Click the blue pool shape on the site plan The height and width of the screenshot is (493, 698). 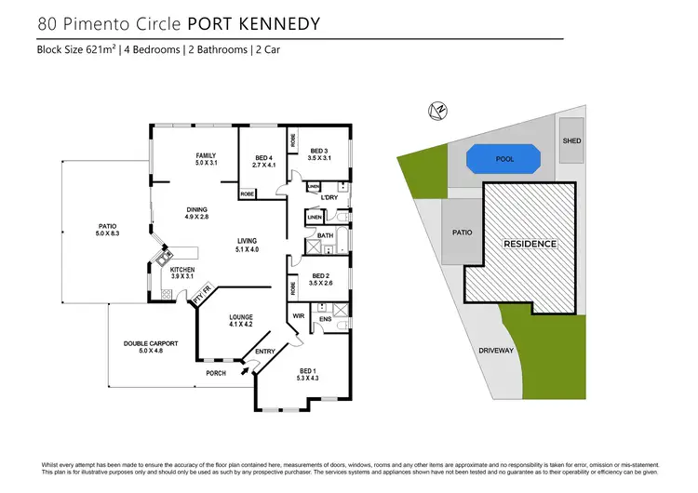point(504,159)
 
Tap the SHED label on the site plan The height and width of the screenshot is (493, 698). point(571,141)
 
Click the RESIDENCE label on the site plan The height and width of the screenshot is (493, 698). point(530,244)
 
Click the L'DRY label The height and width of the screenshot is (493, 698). point(328,197)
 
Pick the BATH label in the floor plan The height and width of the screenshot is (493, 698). point(325,236)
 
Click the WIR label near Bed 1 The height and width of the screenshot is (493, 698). point(300,316)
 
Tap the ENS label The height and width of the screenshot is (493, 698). point(326,321)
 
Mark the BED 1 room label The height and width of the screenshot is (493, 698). point(308,373)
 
